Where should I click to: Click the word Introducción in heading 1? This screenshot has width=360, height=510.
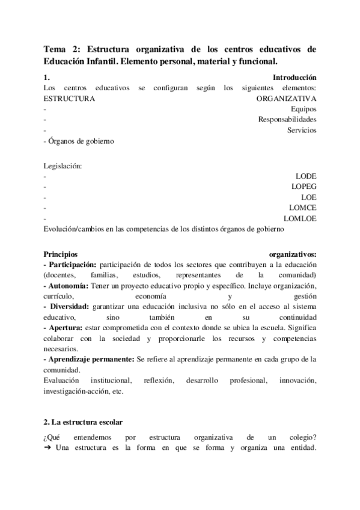coord(294,78)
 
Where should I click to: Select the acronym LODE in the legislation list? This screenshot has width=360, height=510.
coord(306,176)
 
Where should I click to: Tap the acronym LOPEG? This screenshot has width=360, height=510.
coord(304,186)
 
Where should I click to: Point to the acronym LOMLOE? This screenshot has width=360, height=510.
coord(299,218)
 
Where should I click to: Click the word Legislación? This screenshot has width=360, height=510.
coord(63,165)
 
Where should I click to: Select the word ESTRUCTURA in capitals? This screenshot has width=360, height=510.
coord(69,98)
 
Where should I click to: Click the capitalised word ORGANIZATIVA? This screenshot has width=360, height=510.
coord(286,98)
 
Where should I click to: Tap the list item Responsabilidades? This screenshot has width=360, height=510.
coord(287,119)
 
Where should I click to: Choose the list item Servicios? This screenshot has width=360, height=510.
coord(302,130)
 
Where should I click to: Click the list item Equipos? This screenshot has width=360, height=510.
coord(303,109)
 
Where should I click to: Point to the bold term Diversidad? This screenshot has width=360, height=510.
coord(69,306)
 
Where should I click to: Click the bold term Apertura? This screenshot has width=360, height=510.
coord(66,327)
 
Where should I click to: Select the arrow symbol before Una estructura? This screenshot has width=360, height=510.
coord(47,447)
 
